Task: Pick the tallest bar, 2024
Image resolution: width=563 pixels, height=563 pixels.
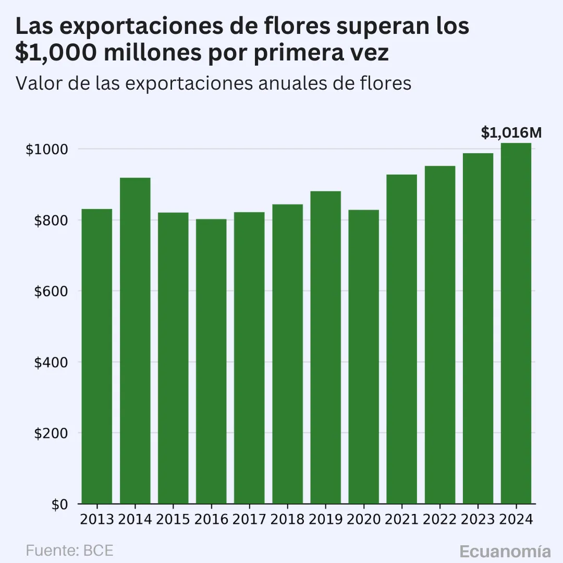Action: [516, 323]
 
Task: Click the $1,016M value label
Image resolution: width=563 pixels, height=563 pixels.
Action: [511, 133]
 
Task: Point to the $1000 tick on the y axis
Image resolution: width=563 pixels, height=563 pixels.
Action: [47, 150]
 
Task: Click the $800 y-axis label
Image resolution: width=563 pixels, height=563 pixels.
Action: [51, 221]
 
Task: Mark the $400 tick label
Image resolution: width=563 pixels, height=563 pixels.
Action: [51, 362]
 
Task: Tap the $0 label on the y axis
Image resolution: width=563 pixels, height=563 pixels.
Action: [58, 505]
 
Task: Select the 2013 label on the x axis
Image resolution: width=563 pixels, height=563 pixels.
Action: [97, 520]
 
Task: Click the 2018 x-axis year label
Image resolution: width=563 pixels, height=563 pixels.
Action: [287, 520]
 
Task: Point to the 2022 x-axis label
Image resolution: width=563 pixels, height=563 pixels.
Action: [439, 520]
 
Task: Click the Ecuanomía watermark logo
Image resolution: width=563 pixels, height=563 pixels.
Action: [505, 552]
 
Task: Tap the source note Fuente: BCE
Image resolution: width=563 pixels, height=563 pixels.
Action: [69, 550]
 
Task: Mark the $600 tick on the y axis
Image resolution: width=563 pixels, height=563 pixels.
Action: [51, 291]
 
